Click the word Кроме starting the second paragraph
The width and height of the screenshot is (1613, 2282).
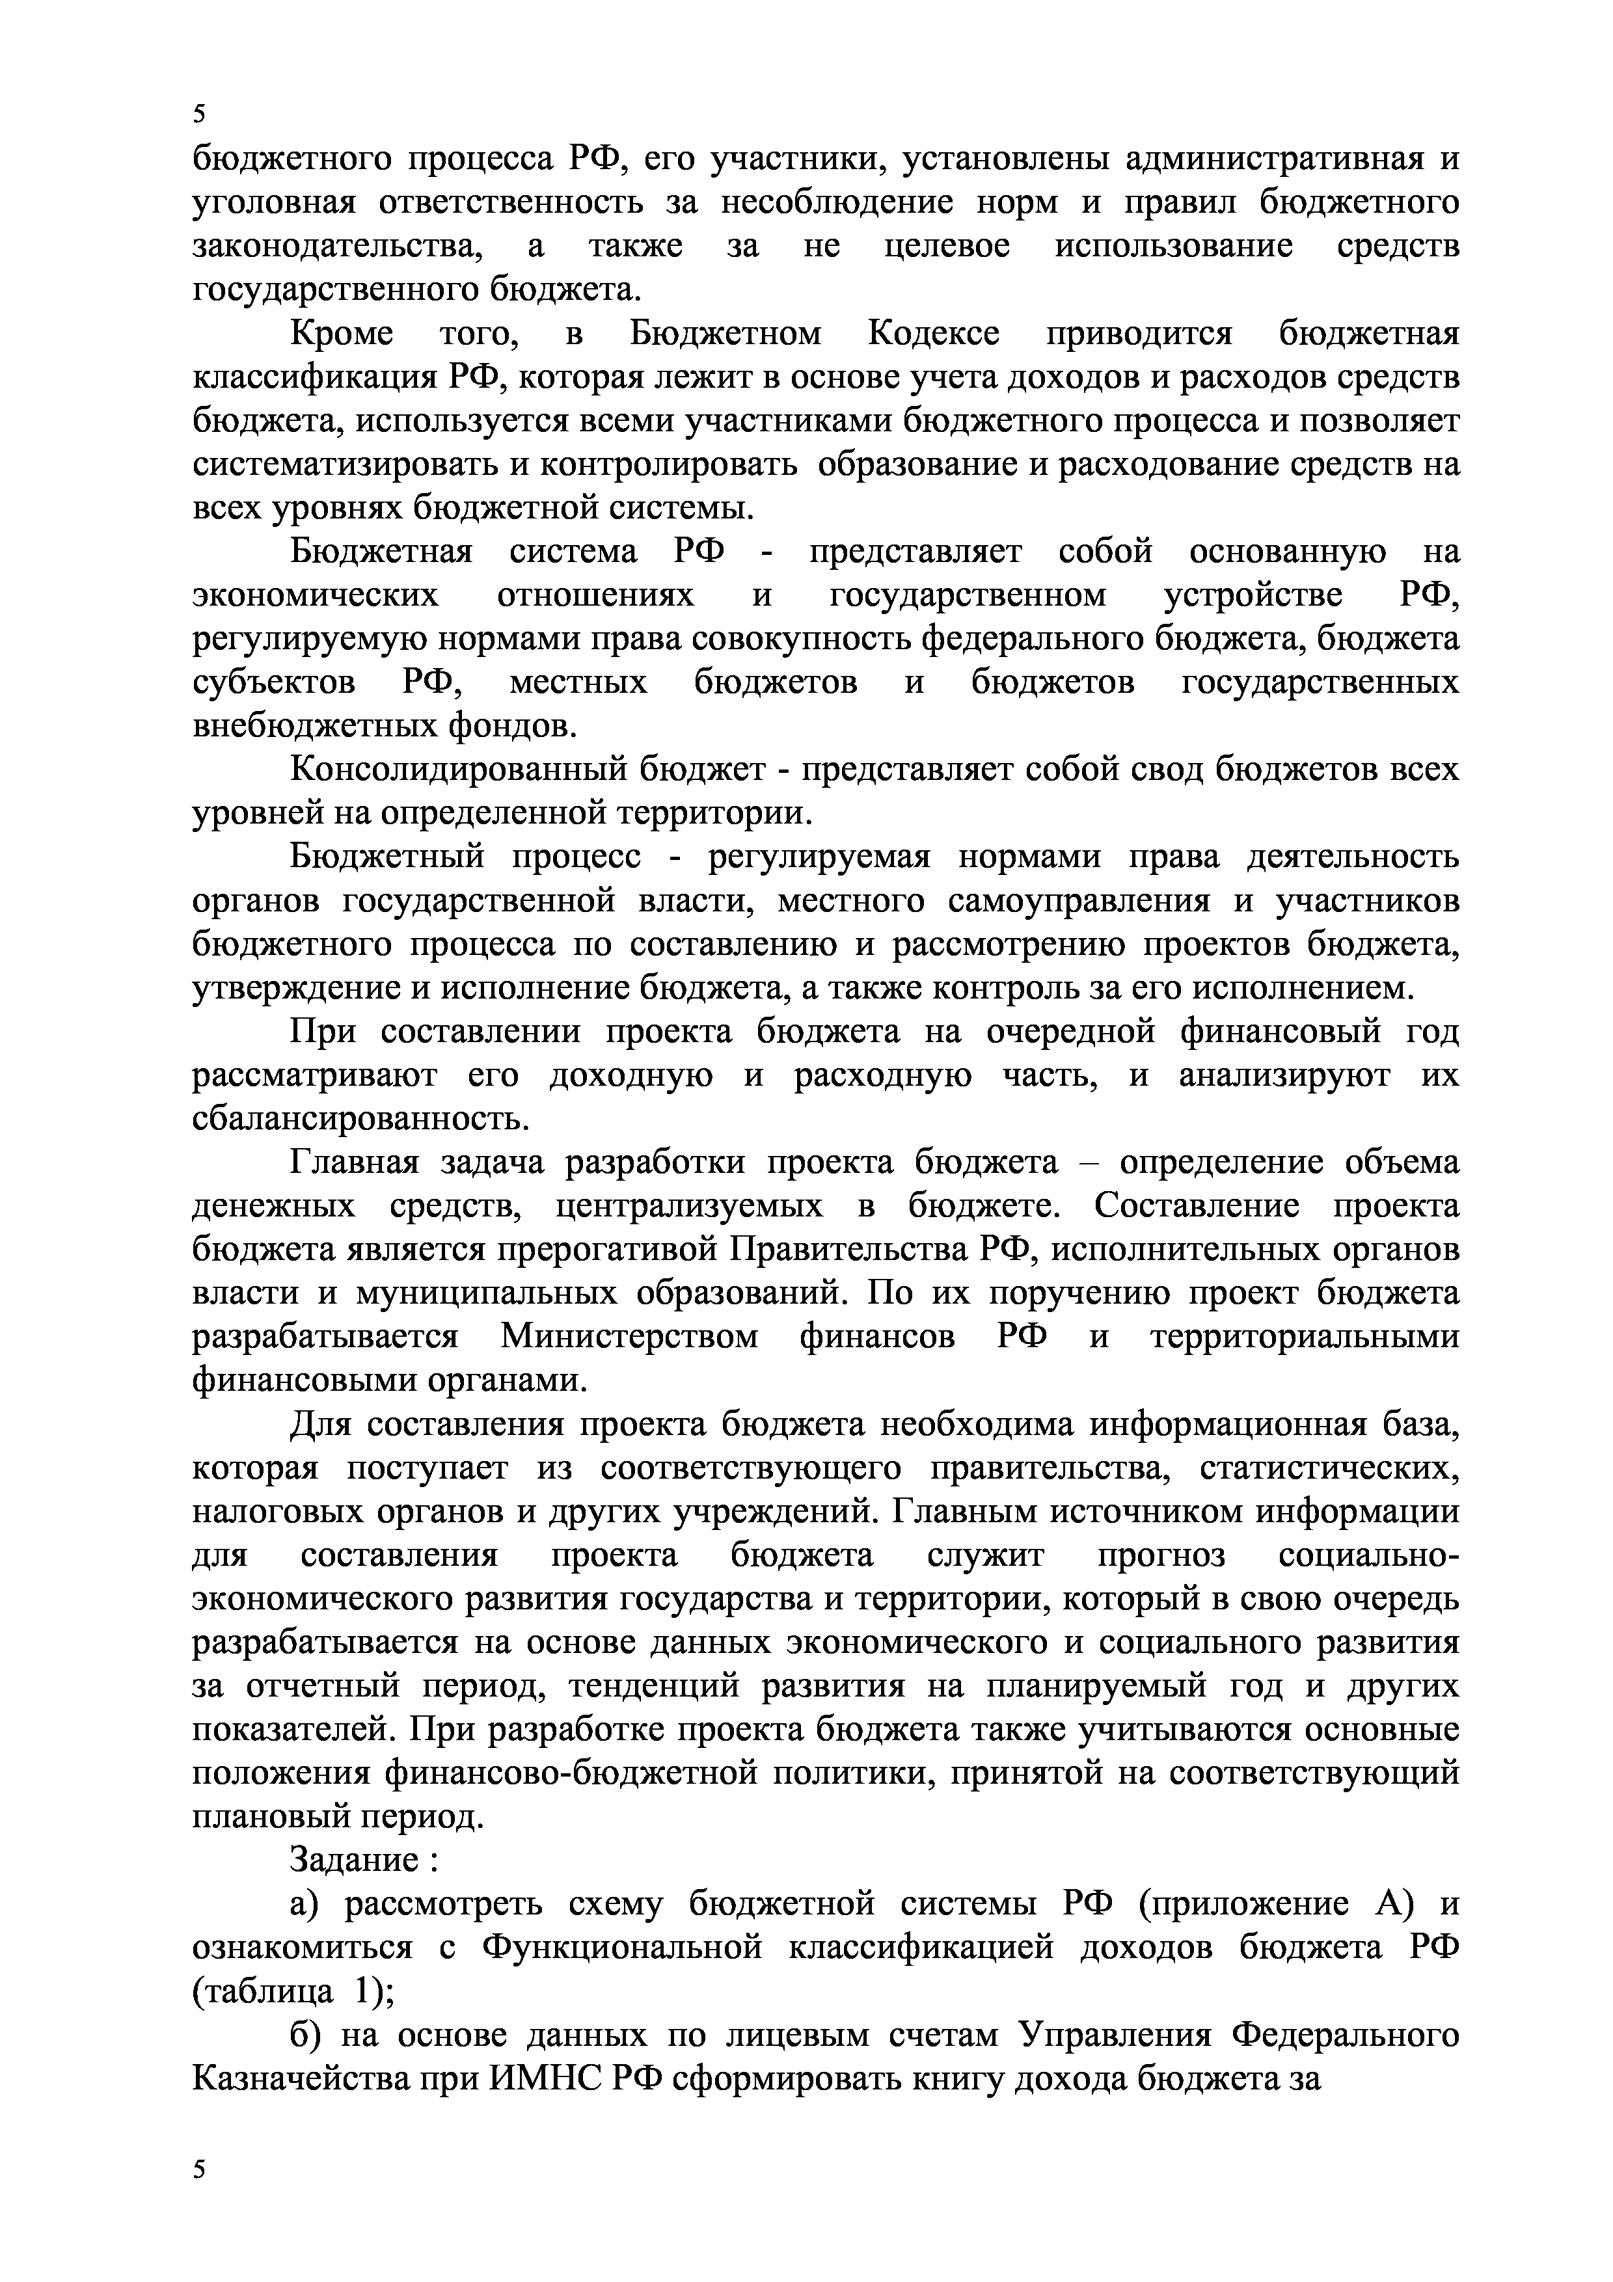[x=341, y=334]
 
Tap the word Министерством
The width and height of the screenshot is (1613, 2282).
[x=629, y=1337]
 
